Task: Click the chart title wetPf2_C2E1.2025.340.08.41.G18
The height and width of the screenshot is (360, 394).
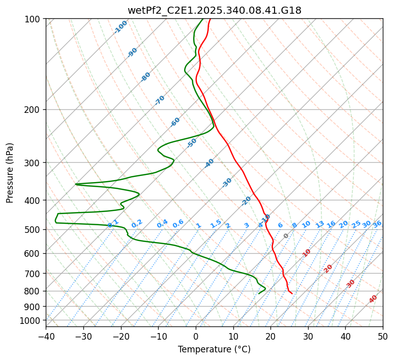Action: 214,10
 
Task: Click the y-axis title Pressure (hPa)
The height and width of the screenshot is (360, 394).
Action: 10,173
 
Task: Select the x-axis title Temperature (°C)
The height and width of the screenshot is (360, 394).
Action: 214,349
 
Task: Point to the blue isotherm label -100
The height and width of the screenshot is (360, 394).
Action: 120,27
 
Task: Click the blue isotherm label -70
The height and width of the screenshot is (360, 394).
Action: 160,100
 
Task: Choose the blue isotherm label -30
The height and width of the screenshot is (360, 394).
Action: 227,183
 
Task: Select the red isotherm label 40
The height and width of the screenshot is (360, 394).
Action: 373,299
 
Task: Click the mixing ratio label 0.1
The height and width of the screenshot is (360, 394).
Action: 113,223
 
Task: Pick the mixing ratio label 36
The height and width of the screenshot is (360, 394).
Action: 377,224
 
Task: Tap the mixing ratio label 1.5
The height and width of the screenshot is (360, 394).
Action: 216,223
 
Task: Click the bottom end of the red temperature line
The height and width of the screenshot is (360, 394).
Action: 292,293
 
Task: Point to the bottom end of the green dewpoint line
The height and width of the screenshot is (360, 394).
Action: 259,293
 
